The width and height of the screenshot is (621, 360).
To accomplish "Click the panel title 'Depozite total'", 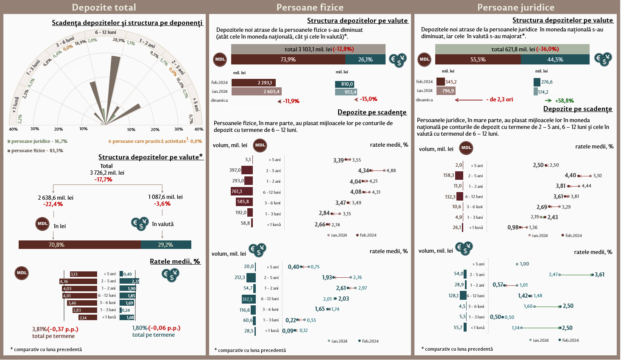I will pyautogui.click(x=104, y=7).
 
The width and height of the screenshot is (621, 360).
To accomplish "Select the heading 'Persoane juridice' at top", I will pyautogui.click(x=515, y=7).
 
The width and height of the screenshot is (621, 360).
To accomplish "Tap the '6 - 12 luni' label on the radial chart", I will pyautogui.click(x=106, y=32).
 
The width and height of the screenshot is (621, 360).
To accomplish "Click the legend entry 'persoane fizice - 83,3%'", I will pyautogui.click(x=37, y=151).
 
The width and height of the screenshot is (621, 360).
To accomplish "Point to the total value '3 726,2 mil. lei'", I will pyautogui.click(x=107, y=173).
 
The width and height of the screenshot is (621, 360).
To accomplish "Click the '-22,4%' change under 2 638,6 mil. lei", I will pyautogui.click(x=53, y=204).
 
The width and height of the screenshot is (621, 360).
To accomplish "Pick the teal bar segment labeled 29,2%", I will pyautogui.click(x=166, y=245).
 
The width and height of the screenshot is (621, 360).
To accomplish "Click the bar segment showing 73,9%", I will pyautogui.click(x=288, y=59).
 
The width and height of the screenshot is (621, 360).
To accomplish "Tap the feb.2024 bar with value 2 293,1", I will pyautogui.click(x=254, y=83).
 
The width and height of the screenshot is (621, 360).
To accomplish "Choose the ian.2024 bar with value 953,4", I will pyautogui.click(x=346, y=92).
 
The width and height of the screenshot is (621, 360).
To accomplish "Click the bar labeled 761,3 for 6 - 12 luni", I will pyautogui.click(x=242, y=192).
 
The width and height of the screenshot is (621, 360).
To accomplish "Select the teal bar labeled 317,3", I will pyautogui.click(x=249, y=299).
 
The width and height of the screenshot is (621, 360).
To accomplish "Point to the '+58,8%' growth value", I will pyautogui.click(x=564, y=100).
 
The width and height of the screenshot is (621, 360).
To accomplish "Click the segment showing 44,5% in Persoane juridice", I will pyautogui.click(x=555, y=59).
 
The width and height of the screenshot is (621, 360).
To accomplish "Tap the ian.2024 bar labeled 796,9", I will pyautogui.click(x=446, y=91).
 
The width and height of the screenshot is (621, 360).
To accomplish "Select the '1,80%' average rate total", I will pyautogui.click(x=140, y=328).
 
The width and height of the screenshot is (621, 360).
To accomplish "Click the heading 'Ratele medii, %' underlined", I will pyautogui.click(x=175, y=261).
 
